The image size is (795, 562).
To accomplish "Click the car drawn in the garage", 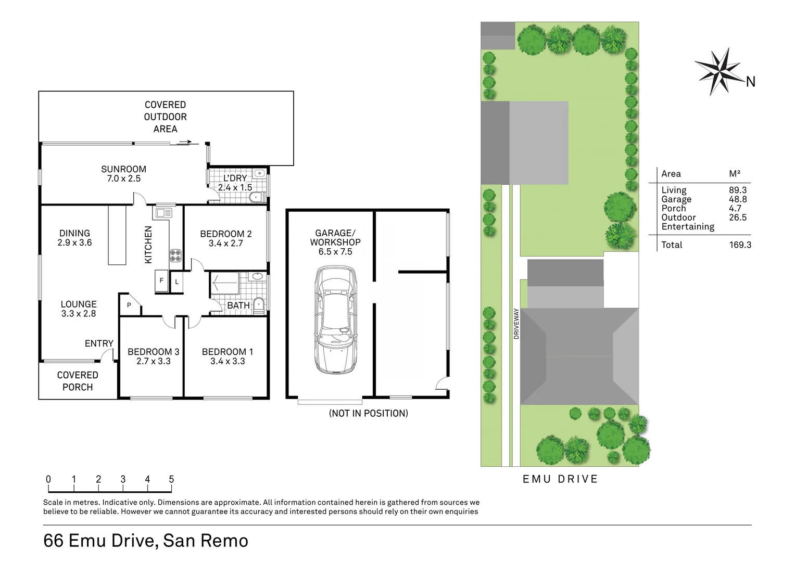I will (x=336, y=320).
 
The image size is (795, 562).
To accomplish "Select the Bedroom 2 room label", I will (x=226, y=238).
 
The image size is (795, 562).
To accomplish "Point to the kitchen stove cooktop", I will (x=175, y=255).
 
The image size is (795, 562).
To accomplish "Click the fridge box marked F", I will (x=161, y=281).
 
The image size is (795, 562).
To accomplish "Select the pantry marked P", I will (x=130, y=305).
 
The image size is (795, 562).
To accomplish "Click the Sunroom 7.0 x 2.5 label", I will (x=123, y=174).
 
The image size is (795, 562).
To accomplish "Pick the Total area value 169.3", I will (x=740, y=245).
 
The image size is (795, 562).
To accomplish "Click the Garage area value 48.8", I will (x=738, y=199).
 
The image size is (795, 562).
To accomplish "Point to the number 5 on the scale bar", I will (x=171, y=479).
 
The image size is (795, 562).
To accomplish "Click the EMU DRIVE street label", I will (x=560, y=479).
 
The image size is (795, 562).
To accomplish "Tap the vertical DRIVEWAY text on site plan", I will (x=516, y=324).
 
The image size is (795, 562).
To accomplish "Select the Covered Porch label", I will (x=78, y=381).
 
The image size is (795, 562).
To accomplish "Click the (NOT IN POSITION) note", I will (x=368, y=413).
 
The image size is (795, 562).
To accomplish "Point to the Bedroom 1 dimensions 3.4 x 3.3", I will (x=228, y=361).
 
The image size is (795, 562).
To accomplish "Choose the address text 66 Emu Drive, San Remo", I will (x=146, y=541).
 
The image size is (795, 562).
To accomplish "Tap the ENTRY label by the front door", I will (x=99, y=343).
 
